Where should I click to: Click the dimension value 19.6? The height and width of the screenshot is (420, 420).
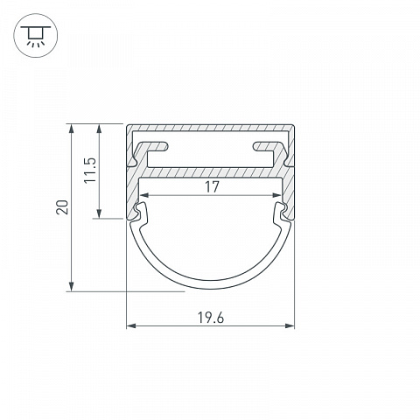pyautogui.click(x=211, y=318)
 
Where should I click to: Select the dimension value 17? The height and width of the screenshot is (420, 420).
pyautogui.click(x=212, y=187)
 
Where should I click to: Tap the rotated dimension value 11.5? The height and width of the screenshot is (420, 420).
pyautogui.click(x=90, y=171)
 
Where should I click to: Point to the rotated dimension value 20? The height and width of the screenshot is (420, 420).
pyautogui.click(x=62, y=207)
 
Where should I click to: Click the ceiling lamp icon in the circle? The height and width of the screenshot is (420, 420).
pyautogui.click(x=36, y=36)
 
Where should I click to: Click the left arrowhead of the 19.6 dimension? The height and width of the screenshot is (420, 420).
pyautogui.click(x=130, y=325)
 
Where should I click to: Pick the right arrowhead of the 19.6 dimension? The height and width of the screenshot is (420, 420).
pyautogui.click(x=290, y=325)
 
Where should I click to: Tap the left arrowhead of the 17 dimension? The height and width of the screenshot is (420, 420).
pyautogui.click(x=144, y=195)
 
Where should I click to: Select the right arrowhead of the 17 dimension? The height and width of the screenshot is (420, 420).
pyautogui.click(x=277, y=195)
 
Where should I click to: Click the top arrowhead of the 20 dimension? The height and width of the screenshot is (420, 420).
pyautogui.click(x=71, y=129)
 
